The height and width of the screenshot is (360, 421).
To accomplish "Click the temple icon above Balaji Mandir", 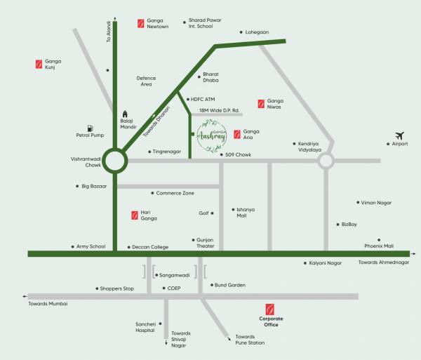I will tap(126, 113).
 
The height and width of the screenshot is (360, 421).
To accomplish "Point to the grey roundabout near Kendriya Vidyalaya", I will tap(325, 161).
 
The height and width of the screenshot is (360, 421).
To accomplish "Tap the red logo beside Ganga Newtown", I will tap(140, 23).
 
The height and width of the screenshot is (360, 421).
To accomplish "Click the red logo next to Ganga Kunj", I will tap(39, 65).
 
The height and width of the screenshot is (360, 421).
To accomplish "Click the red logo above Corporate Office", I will tap(269, 309).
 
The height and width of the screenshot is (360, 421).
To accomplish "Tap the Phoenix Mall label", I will tap(378, 246).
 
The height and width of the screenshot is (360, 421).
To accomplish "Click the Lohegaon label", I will tap(256, 32).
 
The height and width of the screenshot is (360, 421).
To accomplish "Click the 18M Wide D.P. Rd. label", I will tap(219, 111).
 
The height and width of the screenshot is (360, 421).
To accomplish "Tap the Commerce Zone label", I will tap(175, 193).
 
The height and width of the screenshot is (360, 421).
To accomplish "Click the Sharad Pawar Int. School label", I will tap(205, 24).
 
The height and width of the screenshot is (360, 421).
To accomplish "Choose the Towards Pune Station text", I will tap(250, 340).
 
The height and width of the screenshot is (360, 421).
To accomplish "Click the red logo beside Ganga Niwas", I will tap(261, 103).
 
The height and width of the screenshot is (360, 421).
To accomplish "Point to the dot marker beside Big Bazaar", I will tap(77, 186).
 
